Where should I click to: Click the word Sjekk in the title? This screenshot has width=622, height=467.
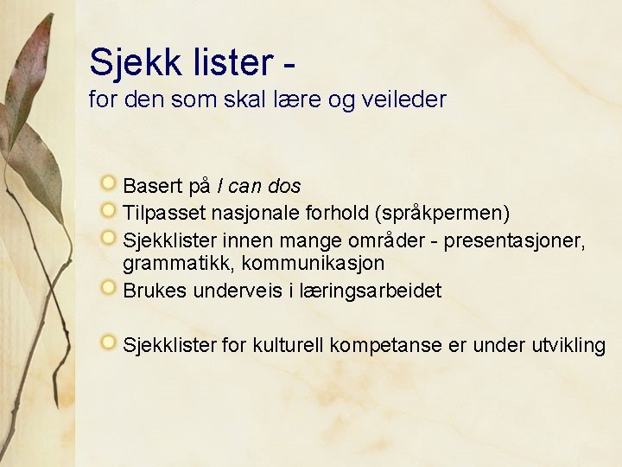(130, 61)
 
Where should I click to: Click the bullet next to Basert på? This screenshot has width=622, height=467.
(108, 183)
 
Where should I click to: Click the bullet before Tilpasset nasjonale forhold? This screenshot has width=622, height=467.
(108, 210)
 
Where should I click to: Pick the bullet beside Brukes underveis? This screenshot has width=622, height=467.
(108, 289)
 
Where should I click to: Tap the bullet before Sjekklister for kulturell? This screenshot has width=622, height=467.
(108, 343)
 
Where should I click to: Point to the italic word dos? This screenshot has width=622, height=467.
(284, 186)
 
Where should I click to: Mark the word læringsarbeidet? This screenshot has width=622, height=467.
(369, 291)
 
